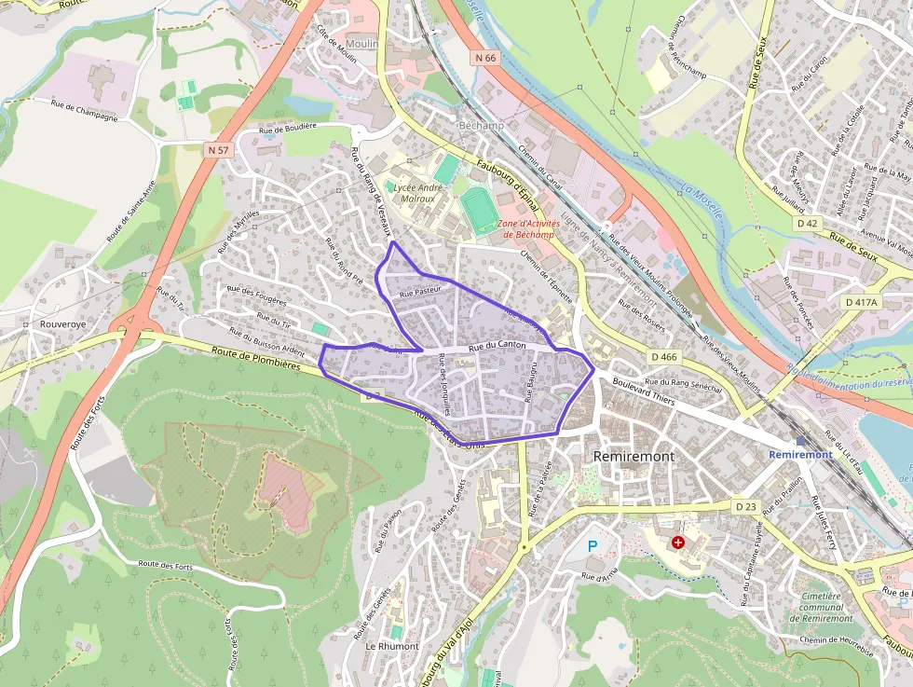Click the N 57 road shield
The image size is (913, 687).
(x=218, y=149)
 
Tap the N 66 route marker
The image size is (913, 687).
(x=485, y=58)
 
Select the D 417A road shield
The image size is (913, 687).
(x=862, y=302)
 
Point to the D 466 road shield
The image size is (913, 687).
(x=664, y=356)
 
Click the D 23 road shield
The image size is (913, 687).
(x=745, y=506)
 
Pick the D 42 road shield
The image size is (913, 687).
(x=807, y=224)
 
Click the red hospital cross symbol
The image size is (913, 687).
(x=677, y=542)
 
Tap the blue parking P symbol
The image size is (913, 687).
(x=592, y=545)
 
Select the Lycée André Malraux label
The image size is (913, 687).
(x=418, y=193)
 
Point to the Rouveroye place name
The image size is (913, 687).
(x=63, y=324)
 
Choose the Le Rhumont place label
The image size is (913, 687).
(x=392, y=646)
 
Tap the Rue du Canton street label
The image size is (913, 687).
(x=497, y=346)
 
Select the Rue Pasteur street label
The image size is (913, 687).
(x=419, y=293)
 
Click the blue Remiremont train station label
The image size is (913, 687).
(x=800, y=454)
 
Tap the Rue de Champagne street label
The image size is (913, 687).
(x=84, y=111)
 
